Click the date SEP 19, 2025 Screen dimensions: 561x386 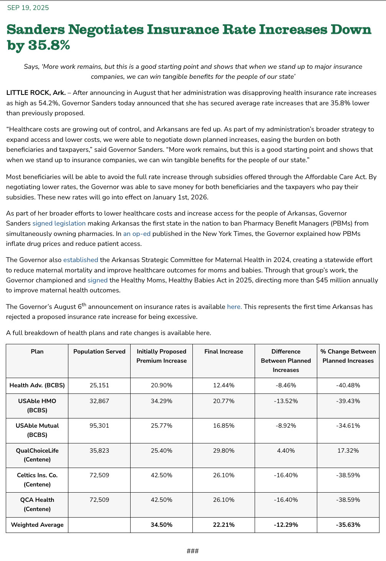(28, 8)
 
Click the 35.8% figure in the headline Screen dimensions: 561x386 (49, 45)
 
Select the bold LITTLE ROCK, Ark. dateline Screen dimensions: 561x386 (36, 93)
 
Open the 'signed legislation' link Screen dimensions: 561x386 (59, 223)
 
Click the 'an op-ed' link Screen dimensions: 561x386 (137, 234)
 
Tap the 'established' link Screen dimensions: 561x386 (81, 260)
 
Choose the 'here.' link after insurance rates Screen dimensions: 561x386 (234, 307)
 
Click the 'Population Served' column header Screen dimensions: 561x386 (99, 351)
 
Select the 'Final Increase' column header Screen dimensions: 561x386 (224, 351)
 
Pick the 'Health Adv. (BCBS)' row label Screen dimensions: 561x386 (37, 385)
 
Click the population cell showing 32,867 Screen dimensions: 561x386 (99, 401)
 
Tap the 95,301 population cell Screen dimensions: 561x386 (99, 425)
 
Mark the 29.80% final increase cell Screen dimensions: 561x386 (224, 450)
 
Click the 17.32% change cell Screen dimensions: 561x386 (348, 450)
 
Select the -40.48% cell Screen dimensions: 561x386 (348, 385)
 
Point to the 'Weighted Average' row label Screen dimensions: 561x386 (37, 524)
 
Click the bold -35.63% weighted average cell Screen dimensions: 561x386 (348, 524)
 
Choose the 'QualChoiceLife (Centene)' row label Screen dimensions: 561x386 (37, 455)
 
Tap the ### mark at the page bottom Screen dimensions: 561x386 (192, 551)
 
